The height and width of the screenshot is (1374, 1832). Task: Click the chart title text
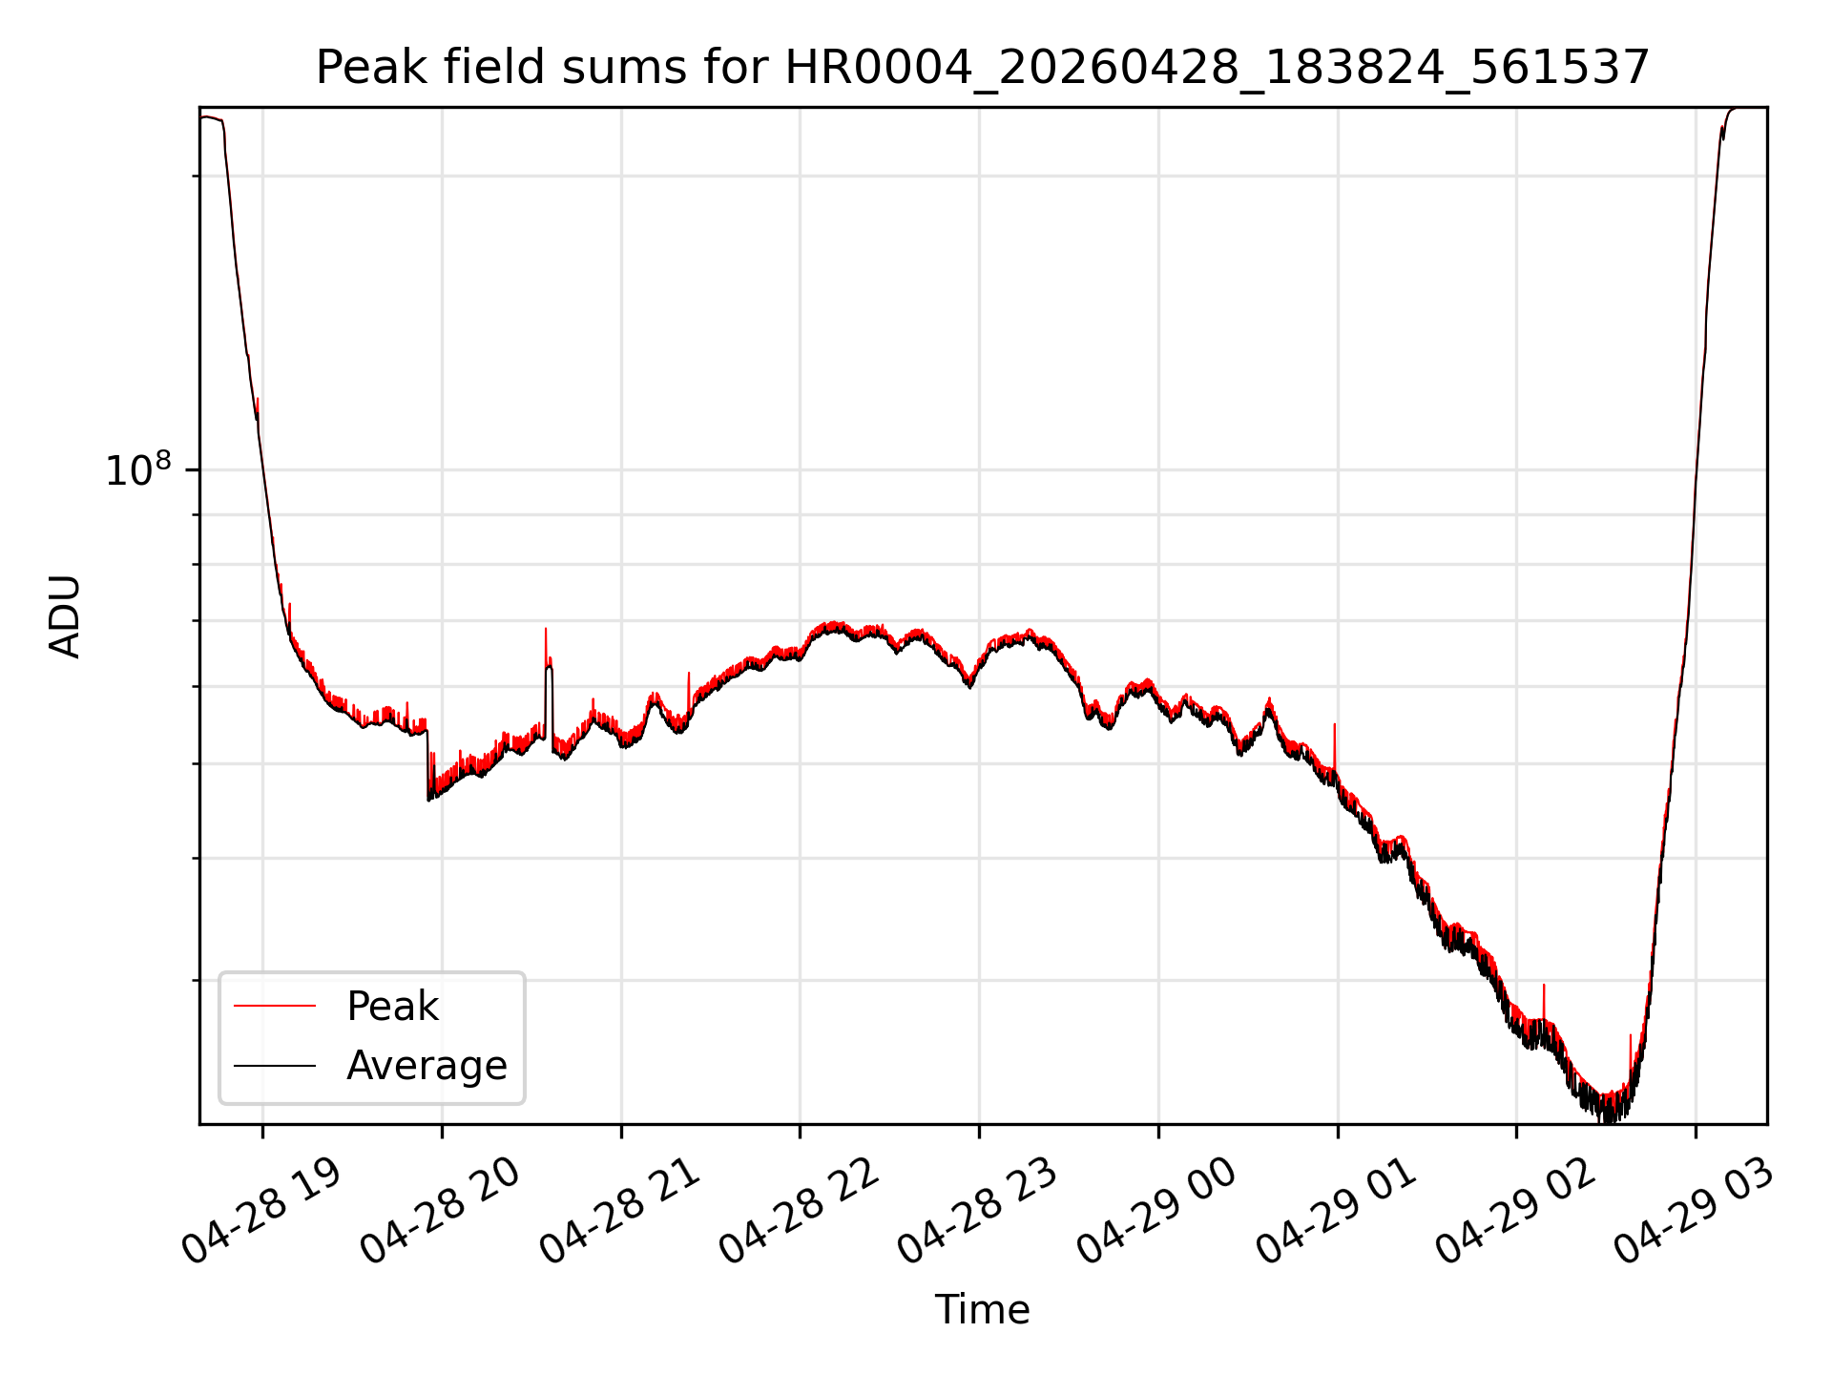click(982, 68)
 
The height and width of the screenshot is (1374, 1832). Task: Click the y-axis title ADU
click(65, 616)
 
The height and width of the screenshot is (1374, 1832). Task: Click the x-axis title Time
click(982, 1310)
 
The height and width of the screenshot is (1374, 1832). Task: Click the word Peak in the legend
click(392, 1007)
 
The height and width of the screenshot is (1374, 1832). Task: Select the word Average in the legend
click(427, 1066)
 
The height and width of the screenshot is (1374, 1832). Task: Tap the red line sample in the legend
click(275, 1006)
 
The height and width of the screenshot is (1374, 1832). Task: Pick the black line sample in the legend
click(275, 1065)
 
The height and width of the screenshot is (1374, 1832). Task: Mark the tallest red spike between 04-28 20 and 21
click(546, 649)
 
